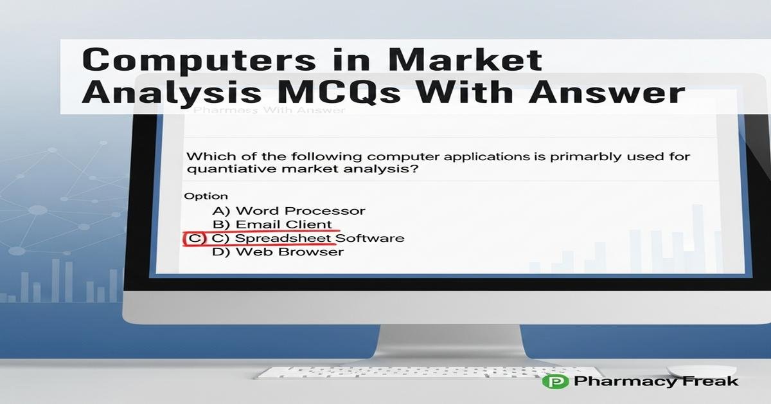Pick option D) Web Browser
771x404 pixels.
pos(278,252)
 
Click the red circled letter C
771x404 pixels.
pos(194,239)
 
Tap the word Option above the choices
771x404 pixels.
pos(206,196)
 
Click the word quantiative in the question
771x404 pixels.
pos(228,169)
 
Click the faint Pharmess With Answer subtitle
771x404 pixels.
pos(270,110)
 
